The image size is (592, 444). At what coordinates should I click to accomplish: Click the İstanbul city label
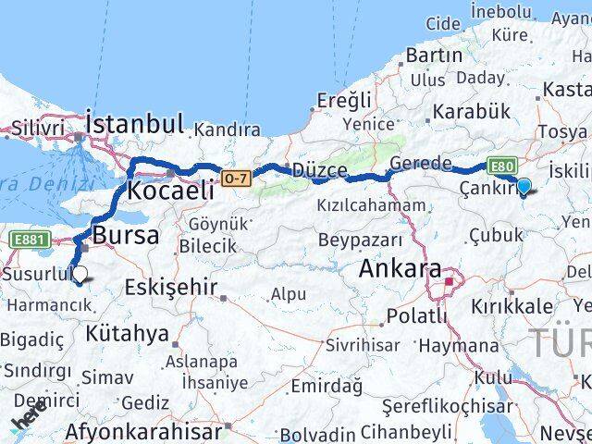134,124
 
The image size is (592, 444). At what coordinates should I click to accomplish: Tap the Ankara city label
399,269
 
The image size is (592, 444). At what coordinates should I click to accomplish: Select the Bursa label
125,235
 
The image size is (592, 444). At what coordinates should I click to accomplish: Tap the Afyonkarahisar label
144,431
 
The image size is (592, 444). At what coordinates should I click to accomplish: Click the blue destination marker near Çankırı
524,187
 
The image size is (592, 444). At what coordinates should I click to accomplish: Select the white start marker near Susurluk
80,275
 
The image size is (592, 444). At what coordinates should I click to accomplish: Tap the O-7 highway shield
236,177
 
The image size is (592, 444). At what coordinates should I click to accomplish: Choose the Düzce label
319,171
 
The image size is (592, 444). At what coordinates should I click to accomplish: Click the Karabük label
470,111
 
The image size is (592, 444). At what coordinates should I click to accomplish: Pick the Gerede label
421,164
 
